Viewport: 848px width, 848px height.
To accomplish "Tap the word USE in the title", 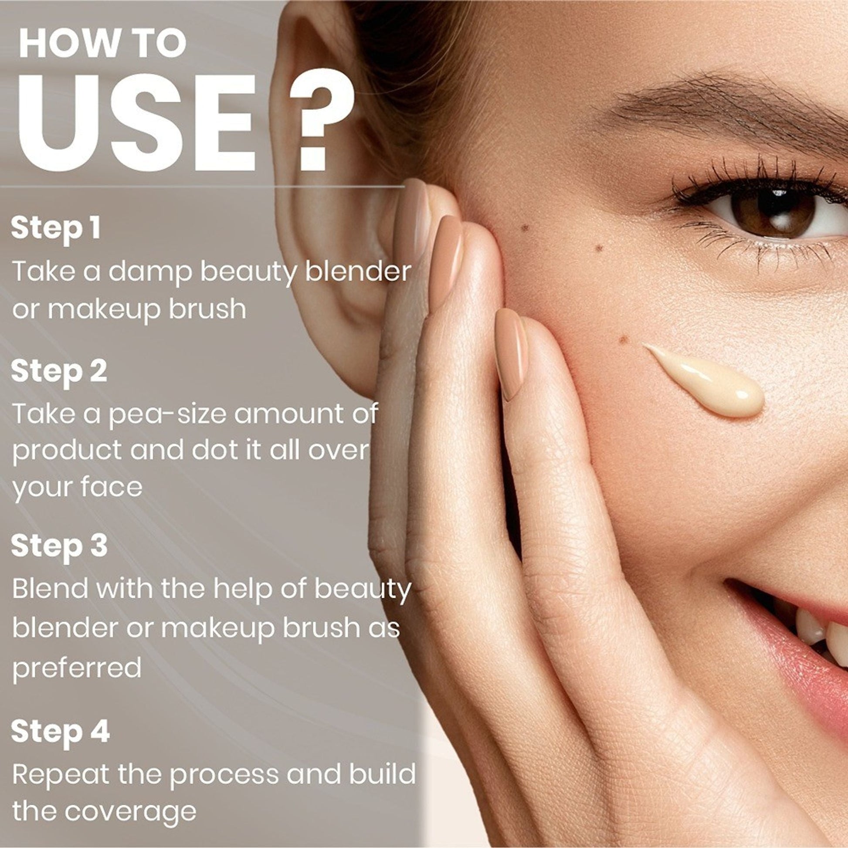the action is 136,123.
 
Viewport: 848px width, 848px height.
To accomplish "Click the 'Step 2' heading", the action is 59,371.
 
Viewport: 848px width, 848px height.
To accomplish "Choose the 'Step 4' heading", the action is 60,732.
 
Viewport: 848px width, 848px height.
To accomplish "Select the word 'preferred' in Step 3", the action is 77,668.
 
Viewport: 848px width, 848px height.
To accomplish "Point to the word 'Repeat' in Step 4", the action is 61,777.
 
